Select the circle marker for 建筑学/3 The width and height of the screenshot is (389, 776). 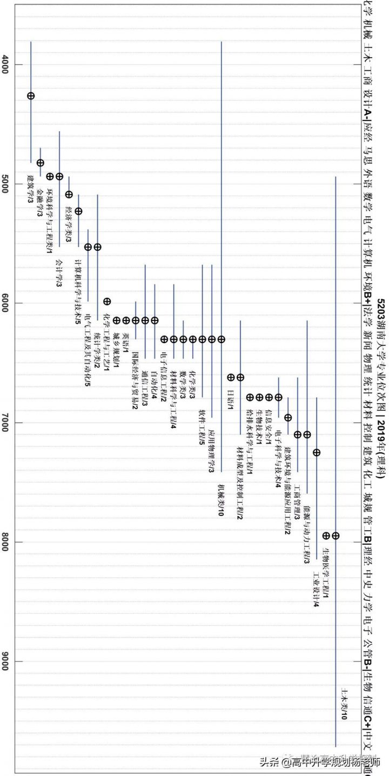(31, 96)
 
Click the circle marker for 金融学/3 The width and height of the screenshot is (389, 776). (41, 163)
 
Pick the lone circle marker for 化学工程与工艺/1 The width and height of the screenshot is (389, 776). (107, 301)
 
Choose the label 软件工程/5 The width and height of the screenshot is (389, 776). (202, 435)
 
